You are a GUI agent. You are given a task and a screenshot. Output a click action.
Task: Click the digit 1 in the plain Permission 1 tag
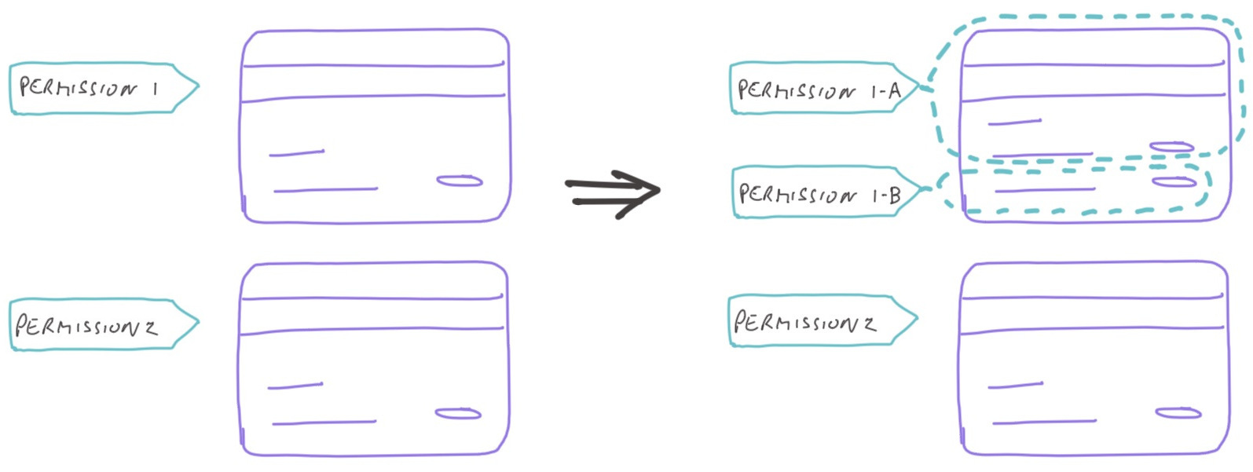(156, 89)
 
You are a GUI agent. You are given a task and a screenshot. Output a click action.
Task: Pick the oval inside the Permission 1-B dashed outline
(1174, 182)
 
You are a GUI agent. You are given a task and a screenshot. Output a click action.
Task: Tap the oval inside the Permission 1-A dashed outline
(1171, 147)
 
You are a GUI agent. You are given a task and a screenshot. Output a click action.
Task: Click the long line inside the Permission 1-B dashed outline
(1045, 189)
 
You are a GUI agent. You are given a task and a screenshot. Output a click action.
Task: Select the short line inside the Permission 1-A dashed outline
(1014, 123)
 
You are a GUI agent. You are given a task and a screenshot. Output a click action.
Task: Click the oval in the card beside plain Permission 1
(460, 181)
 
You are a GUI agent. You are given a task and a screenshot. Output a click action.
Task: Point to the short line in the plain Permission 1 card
(296, 152)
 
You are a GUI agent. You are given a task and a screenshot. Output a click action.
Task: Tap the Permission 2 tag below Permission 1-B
(817, 320)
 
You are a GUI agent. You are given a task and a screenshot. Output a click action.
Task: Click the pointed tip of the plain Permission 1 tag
(196, 86)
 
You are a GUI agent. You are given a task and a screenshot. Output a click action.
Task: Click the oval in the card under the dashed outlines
(1178, 413)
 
